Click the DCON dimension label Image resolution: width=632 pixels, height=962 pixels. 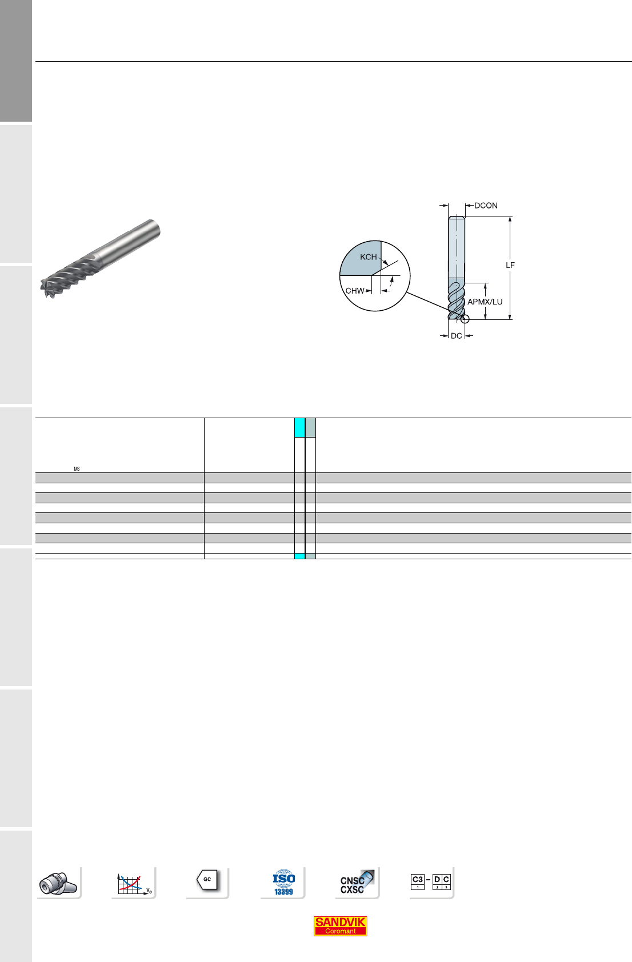[486, 206]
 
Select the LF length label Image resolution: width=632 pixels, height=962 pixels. [510, 266]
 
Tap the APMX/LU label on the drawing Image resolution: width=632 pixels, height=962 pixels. [485, 302]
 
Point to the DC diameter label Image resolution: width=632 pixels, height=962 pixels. [456, 336]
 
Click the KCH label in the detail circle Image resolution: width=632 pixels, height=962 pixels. [368, 257]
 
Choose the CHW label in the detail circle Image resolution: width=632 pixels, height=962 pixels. [355, 291]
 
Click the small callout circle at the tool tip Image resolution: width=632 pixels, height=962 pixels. [465, 319]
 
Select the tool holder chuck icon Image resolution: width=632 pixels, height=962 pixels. [58, 884]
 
